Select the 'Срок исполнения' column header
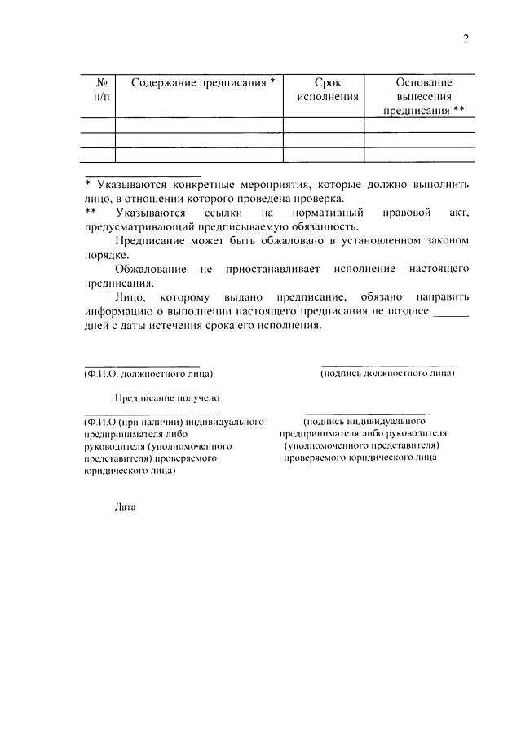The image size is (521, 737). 324,90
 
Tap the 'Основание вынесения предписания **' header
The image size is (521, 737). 424,96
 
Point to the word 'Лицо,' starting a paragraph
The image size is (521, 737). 129,299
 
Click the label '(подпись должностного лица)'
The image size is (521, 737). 388,373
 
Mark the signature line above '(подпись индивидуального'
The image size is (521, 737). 364,413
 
